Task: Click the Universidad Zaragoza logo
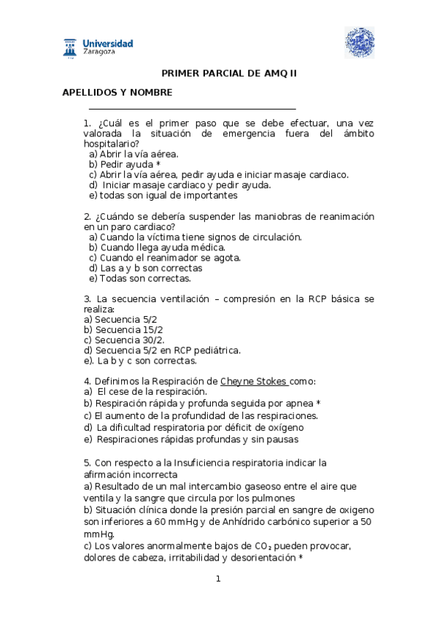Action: point(98,47)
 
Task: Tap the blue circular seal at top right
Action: point(359,42)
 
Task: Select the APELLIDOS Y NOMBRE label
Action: point(117,93)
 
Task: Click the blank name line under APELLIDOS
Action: point(192,109)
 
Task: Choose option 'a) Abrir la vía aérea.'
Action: point(134,154)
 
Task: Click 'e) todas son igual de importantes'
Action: point(163,195)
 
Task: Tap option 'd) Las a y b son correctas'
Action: point(146,268)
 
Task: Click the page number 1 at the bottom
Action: point(217,579)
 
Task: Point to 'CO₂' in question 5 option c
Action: point(261,546)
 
